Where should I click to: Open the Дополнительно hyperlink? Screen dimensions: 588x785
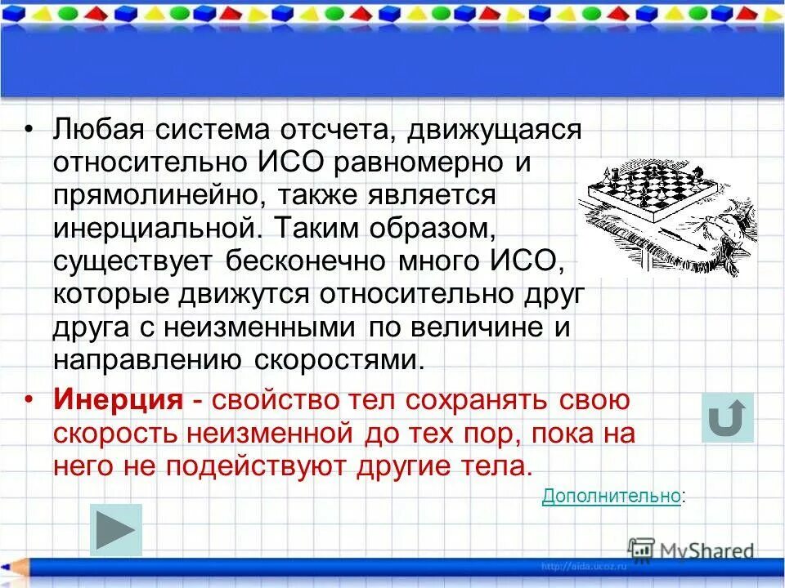610,495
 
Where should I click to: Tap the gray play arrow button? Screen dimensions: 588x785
115,531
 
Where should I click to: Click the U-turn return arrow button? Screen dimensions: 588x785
727,418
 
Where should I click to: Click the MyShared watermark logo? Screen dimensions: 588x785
692,551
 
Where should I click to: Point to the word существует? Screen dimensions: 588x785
130,262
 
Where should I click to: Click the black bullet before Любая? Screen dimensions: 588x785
29,129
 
